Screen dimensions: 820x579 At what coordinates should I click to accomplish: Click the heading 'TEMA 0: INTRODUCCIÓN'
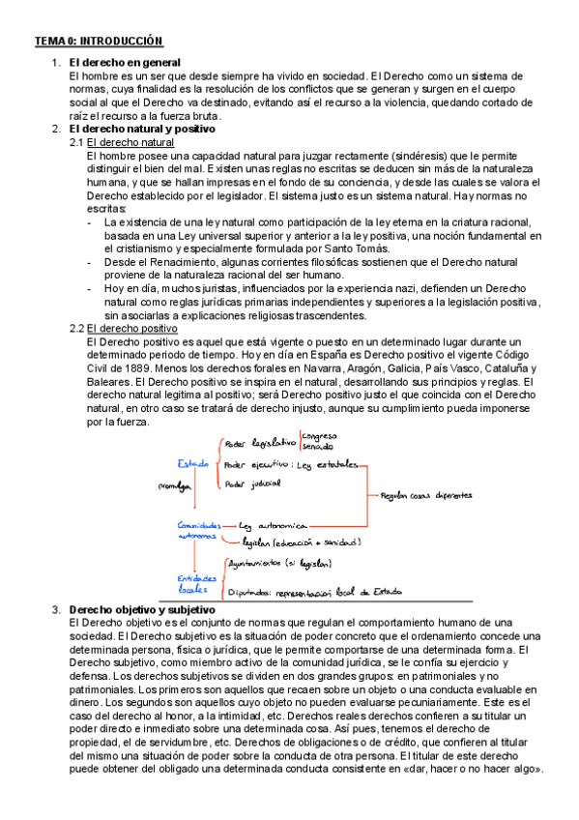(99, 42)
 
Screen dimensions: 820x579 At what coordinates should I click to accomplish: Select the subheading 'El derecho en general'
(124, 63)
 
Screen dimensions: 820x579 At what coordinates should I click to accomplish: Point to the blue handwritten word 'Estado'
(192, 463)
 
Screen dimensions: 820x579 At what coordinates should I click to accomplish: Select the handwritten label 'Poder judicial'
(252, 483)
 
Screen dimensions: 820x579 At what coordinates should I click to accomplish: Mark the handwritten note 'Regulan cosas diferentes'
(426, 494)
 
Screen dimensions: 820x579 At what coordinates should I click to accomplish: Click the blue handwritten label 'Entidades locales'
(197, 580)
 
